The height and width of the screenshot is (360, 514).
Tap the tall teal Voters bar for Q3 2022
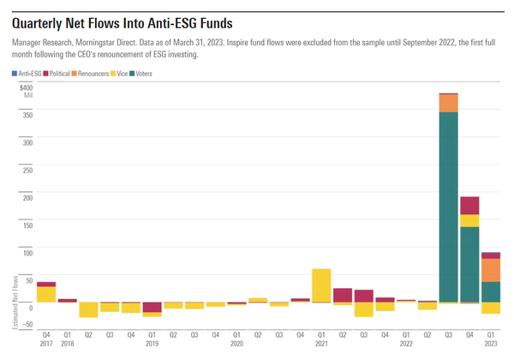[448, 206]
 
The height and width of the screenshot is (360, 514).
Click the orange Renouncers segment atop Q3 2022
[448, 104]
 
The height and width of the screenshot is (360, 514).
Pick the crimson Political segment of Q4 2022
[469, 206]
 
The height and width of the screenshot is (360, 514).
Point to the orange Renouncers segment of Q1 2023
[491, 270]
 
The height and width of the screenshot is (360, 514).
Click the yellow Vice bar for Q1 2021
[321, 285]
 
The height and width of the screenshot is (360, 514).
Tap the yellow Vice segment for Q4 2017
[46, 294]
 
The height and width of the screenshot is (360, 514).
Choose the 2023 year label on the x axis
[491, 343]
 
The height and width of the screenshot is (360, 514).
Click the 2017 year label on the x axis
[46, 343]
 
